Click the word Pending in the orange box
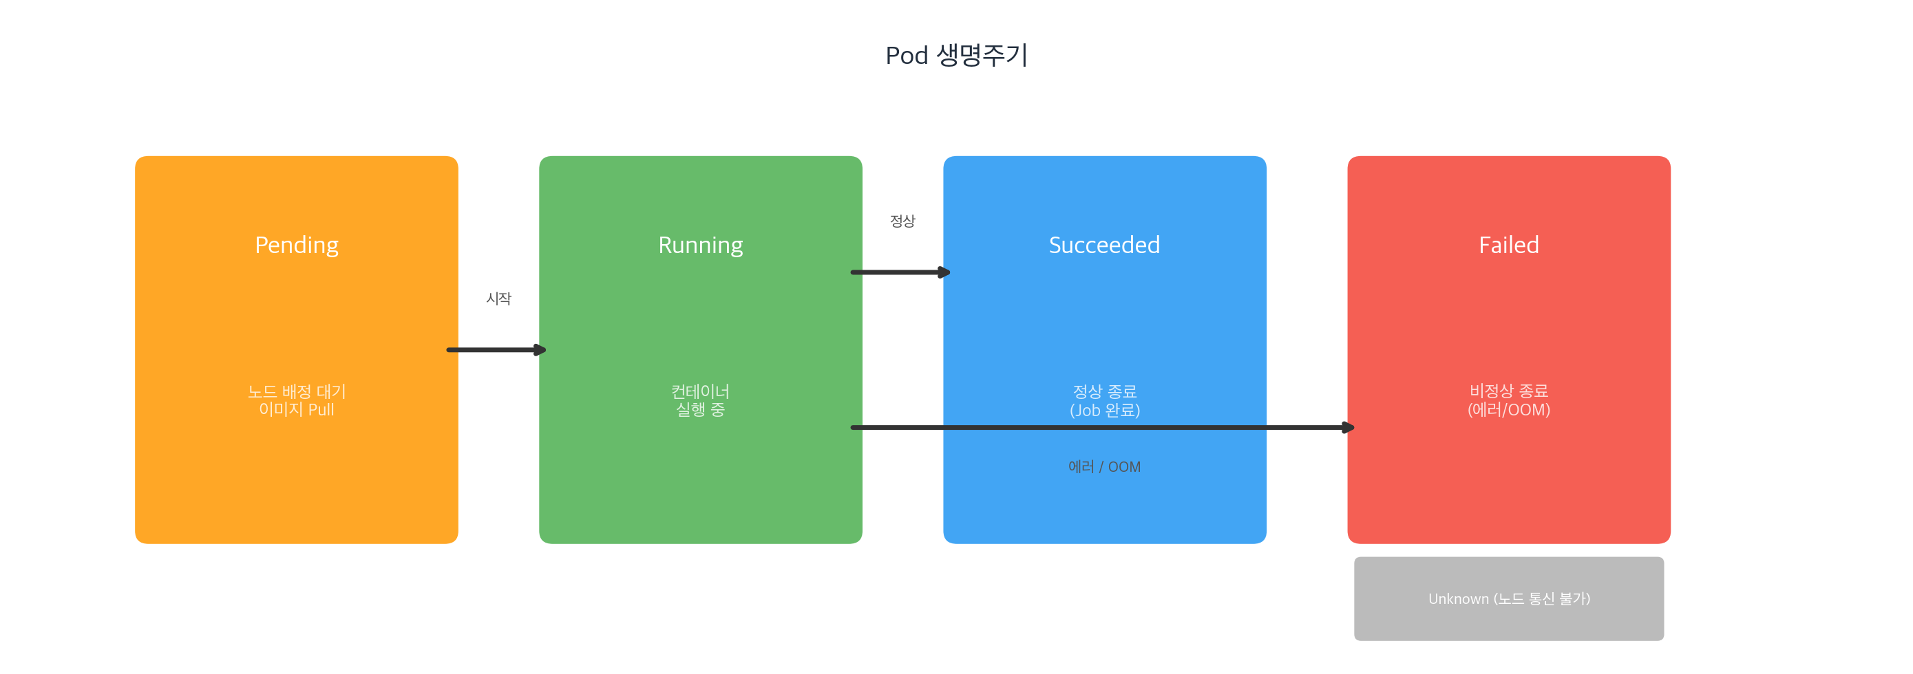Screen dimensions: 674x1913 296,245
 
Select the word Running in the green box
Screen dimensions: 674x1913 700,245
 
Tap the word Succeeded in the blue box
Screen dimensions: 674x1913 1104,245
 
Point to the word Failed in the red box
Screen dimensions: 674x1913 1508,245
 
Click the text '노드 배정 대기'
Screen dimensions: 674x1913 296,391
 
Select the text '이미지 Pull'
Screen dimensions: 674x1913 296,410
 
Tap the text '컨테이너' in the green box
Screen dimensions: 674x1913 700,391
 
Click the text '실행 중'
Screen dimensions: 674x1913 700,410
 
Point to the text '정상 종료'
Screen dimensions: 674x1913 1104,391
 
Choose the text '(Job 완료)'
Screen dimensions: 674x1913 1104,410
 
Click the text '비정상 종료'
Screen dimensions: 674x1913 1508,391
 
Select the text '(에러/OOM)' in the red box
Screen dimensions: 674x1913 1508,410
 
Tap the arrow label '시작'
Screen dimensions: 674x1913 498,298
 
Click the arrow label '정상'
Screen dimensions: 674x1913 902,221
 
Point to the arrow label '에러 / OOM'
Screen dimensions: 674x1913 1104,467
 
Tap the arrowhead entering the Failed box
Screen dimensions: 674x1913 1348,428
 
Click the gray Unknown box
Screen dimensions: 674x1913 1508,598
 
